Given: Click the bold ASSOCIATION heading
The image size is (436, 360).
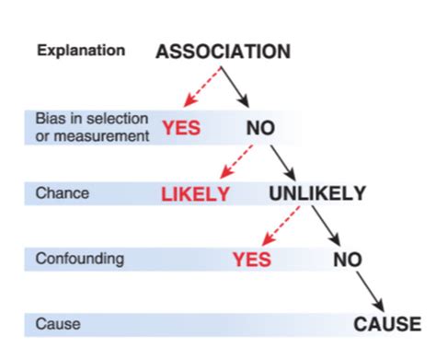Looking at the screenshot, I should [x=224, y=52].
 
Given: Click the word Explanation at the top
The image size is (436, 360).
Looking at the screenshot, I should [x=81, y=51].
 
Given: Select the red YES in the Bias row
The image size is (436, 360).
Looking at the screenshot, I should [x=182, y=128].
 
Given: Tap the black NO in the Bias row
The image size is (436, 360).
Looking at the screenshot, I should [x=260, y=128].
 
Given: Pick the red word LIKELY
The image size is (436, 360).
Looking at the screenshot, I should [x=195, y=194].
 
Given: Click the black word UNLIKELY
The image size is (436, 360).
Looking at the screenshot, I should [x=317, y=193].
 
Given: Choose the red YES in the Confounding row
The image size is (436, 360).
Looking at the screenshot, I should [x=251, y=260].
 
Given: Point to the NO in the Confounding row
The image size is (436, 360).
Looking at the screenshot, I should [x=349, y=260].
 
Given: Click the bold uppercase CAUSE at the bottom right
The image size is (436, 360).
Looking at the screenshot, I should [x=387, y=324].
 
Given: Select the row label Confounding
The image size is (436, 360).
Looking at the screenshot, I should [x=79, y=259].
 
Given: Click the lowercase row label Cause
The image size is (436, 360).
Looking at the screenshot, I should [x=55, y=324].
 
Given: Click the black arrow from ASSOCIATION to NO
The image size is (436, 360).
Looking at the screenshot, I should [x=238, y=89].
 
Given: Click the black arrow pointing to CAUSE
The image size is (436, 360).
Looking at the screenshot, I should [x=371, y=292].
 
